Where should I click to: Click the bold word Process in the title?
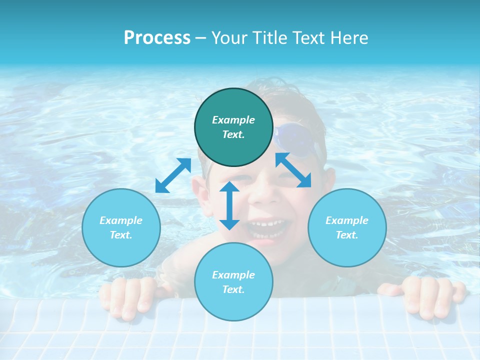click(x=157, y=38)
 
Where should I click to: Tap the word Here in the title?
click(x=349, y=38)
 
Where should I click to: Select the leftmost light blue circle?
click(x=121, y=227)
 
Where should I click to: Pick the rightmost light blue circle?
click(x=347, y=227)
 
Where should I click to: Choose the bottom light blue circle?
click(x=233, y=282)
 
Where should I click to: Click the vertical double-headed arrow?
click(x=229, y=205)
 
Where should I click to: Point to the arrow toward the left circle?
click(x=173, y=175)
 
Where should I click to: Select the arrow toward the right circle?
click(x=293, y=170)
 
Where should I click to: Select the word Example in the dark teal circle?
click(x=233, y=120)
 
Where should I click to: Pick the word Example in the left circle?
click(x=121, y=220)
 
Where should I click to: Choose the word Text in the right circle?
click(x=346, y=235)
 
